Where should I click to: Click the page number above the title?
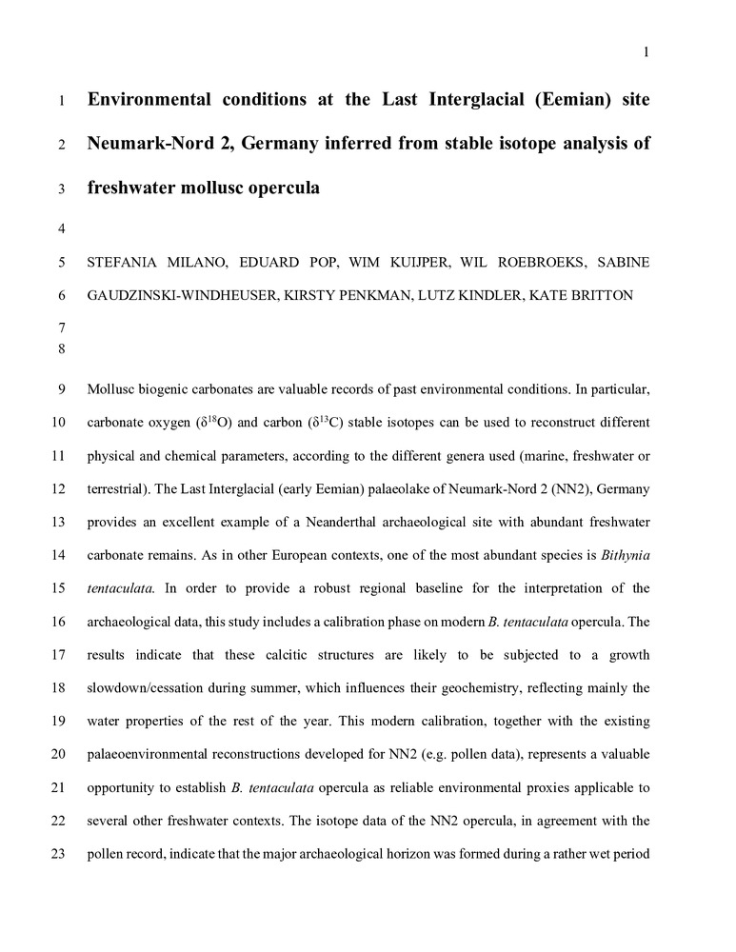[x=646, y=52]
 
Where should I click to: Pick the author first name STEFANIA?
[x=123, y=261]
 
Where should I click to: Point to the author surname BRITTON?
[x=596, y=295]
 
